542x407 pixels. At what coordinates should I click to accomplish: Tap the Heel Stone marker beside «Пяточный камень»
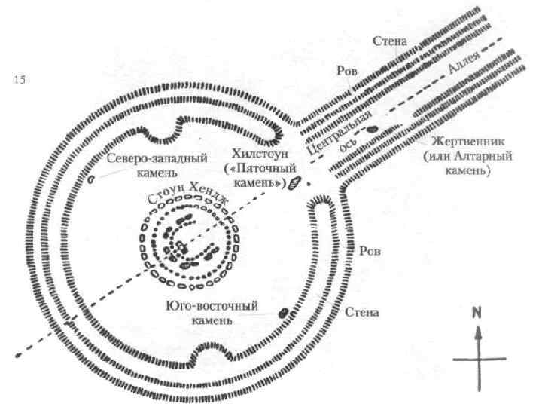tap(294, 182)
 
